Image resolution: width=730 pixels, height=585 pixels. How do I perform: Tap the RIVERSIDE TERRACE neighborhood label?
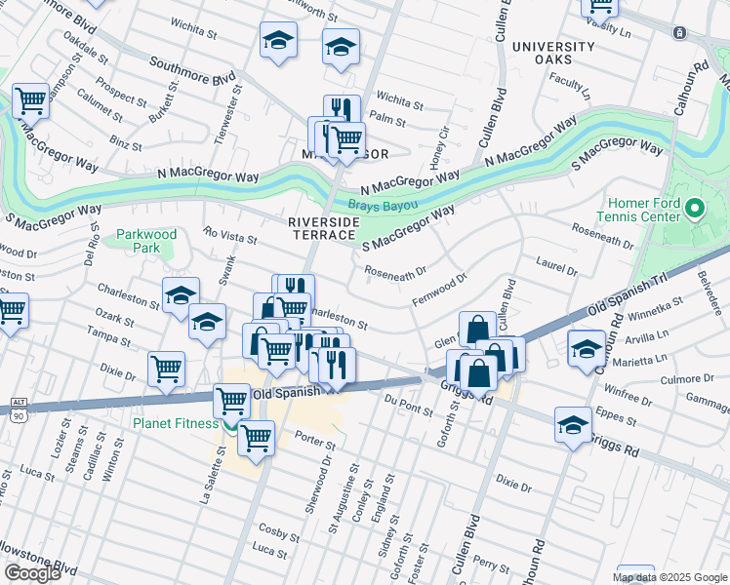click(x=323, y=230)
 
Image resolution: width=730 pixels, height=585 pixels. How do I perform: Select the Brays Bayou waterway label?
click(x=384, y=206)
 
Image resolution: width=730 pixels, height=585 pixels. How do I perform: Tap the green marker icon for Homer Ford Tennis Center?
click(x=695, y=209)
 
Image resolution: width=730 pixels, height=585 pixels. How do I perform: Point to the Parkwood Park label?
click(x=146, y=241)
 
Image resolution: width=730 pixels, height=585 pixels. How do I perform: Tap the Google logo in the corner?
click(x=32, y=573)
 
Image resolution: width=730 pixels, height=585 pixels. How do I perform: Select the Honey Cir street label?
click(x=441, y=146)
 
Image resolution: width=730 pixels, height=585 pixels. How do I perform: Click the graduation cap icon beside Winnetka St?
click(x=586, y=348)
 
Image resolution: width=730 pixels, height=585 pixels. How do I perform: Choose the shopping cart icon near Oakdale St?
click(x=30, y=99)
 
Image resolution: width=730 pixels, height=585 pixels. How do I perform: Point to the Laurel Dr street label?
click(x=557, y=265)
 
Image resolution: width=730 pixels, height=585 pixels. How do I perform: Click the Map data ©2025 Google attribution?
click(x=669, y=577)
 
